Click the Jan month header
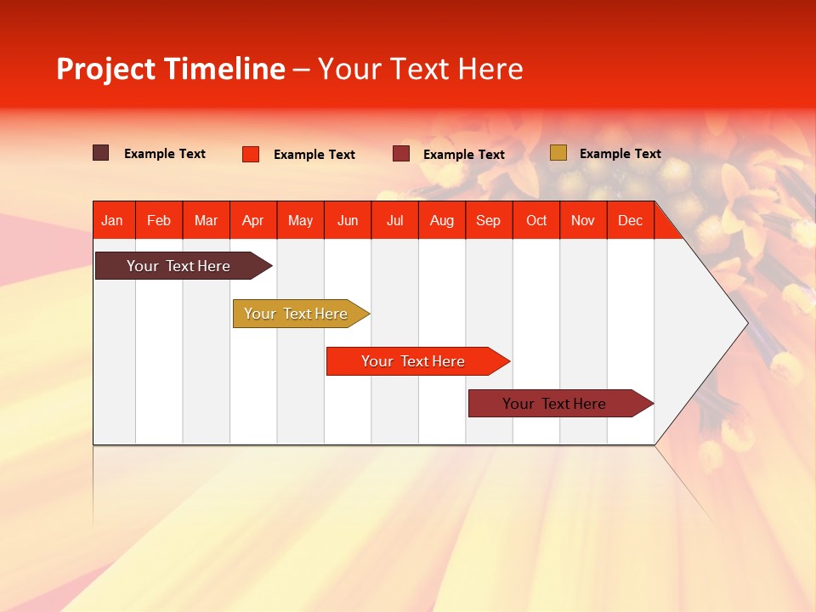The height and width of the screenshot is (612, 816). click(x=112, y=221)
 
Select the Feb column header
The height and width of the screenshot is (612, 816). click(x=159, y=221)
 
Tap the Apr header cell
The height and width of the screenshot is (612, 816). click(x=252, y=221)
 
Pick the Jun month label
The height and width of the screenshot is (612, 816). click(x=348, y=221)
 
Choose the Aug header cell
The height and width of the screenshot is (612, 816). click(x=441, y=221)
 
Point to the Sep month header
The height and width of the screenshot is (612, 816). click(x=488, y=221)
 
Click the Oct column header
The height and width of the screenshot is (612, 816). click(x=536, y=221)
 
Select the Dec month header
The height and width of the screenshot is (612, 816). click(x=630, y=221)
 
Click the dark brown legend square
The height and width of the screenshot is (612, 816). click(x=101, y=153)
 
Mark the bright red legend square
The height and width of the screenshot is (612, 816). click(x=251, y=154)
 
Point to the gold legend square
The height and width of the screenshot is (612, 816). click(x=558, y=153)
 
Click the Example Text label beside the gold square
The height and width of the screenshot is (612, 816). click(x=620, y=154)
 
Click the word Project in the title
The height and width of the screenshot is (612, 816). click(x=106, y=70)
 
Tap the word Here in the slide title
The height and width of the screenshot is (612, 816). click(x=490, y=70)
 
